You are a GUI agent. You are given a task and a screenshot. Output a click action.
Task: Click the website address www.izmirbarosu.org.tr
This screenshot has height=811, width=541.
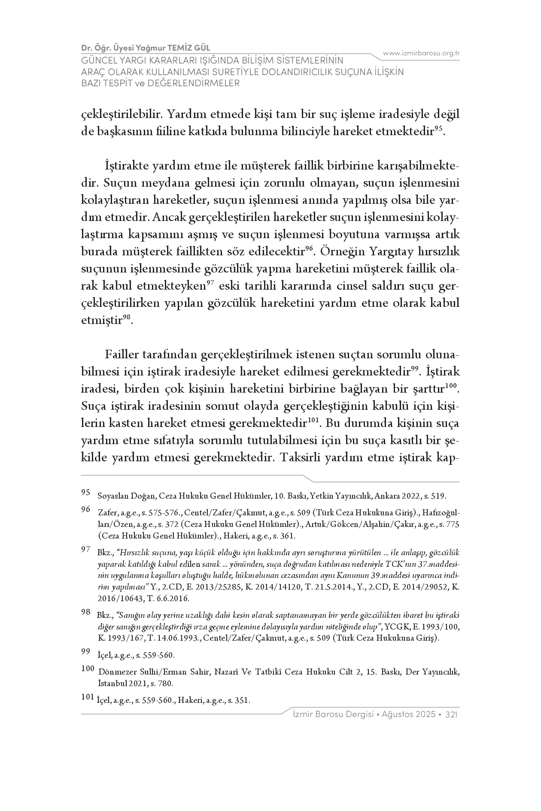pos(421,53)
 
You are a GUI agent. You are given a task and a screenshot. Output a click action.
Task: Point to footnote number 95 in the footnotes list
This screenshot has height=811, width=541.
pos(85,493)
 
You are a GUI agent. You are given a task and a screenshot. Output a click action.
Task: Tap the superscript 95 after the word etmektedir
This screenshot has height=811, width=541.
pos(438,129)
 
